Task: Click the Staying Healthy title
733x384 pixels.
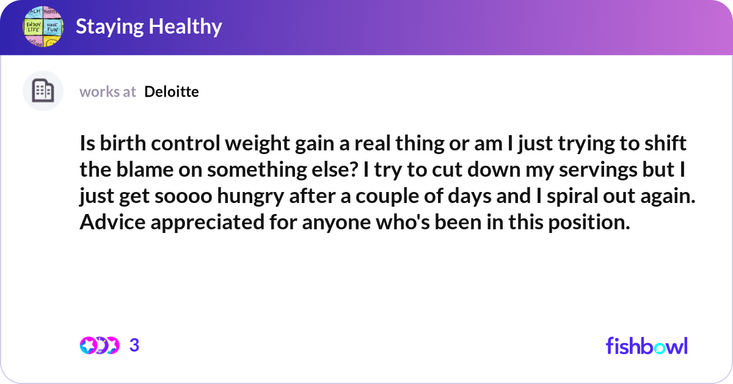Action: [x=148, y=27]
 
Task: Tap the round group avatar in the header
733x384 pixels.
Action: [x=43, y=28]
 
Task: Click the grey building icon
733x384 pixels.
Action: [x=43, y=91]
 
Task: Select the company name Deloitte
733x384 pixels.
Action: [x=172, y=92]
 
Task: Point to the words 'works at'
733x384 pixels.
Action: [x=108, y=92]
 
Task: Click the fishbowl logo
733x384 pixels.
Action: [x=646, y=345]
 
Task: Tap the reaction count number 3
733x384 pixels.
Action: [x=134, y=345]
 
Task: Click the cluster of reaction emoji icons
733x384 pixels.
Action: [x=99, y=345]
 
